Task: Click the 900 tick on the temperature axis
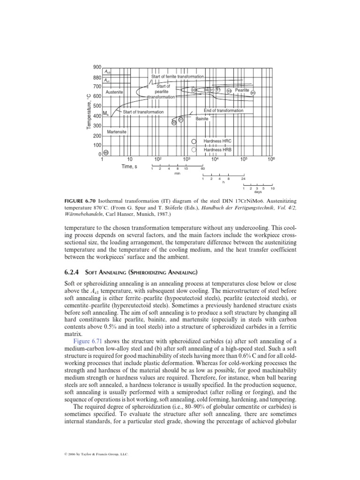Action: [x=97, y=67]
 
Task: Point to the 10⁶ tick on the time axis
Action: [x=270, y=160]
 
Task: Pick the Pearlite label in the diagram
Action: [x=242, y=90]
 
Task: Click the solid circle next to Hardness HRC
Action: [x=193, y=141]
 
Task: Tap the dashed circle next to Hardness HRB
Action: [x=193, y=150]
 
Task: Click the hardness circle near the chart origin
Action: [x=106, y=152]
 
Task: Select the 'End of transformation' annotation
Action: [x=223, y=111]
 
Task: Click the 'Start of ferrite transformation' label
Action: [x=177, y=76]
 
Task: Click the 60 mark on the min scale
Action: [x=202, y=169]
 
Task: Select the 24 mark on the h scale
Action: [x=243, y=179]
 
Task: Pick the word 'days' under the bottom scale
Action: [x=257, y=192]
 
